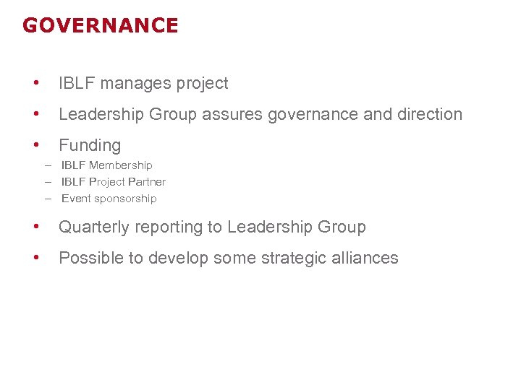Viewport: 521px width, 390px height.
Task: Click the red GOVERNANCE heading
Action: click(100, 26)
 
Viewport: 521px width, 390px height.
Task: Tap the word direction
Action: click(432, 115)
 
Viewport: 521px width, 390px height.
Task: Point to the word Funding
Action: click(90, 146)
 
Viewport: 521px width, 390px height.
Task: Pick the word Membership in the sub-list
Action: click(121, 165)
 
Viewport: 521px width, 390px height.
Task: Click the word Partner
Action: click(147, 182)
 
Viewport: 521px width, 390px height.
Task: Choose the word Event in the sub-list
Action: click(75, 199)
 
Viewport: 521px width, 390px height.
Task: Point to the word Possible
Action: click(90, 259)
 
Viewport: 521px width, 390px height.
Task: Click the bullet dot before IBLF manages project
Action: click(35, 84)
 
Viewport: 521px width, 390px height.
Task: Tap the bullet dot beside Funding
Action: click(35, 146)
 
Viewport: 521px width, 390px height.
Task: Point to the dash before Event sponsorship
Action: click(48, 199)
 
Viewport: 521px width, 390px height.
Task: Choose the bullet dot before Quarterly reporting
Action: click(35, 227)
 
